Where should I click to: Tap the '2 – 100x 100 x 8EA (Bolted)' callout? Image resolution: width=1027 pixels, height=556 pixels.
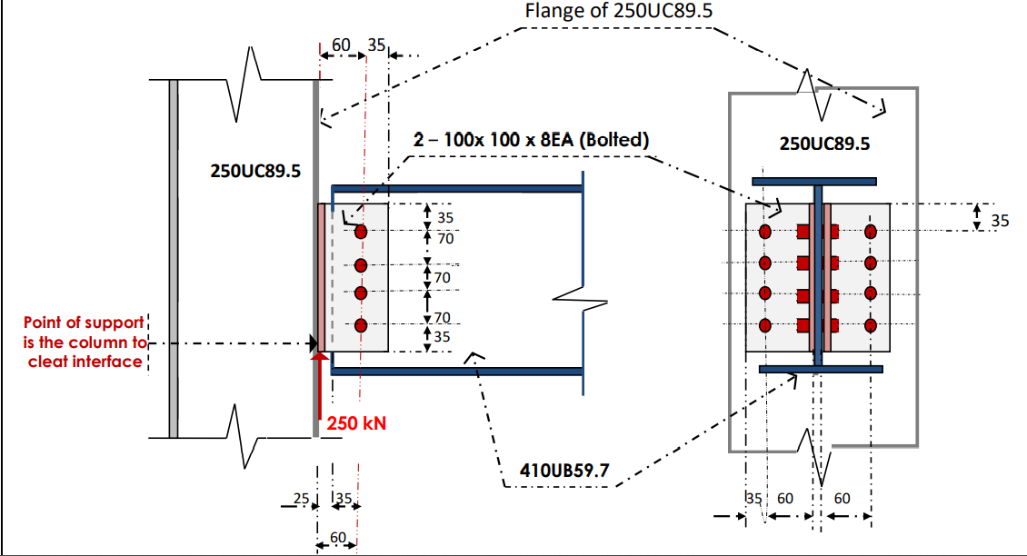point(532,140)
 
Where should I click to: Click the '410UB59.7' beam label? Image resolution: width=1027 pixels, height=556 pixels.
point(563,471)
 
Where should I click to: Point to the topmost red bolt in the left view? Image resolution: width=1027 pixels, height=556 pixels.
point(361,232)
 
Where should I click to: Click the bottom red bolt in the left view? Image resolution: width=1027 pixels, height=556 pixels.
point(361,326)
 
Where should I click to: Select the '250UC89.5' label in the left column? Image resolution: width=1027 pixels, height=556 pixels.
point(255,170)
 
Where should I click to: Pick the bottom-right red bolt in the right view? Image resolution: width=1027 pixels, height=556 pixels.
point(871,324)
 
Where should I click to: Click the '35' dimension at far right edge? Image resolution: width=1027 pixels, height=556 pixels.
point(999,219)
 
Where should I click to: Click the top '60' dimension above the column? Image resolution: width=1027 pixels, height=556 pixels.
point(341,44)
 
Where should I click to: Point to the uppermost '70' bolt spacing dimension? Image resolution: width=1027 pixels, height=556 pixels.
point(445,238)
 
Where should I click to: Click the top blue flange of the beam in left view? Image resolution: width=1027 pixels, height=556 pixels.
point(454,188)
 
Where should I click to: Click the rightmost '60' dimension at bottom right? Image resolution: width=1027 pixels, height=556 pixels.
point(842,498)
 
